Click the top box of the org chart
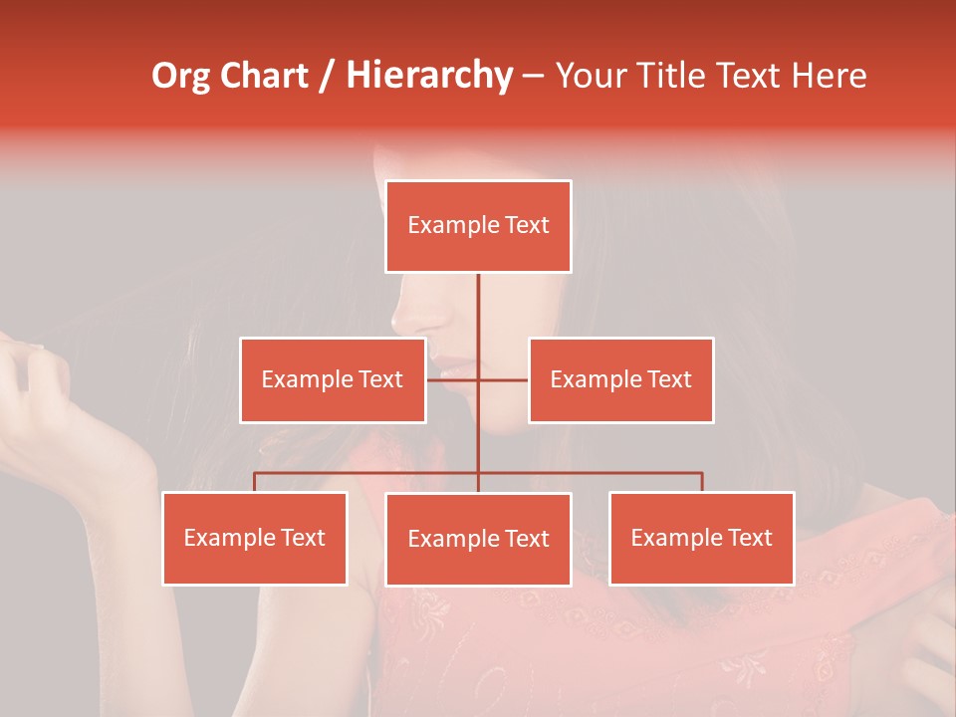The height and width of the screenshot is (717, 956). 478,226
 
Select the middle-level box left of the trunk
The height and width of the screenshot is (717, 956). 333,379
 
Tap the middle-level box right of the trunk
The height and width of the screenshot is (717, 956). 620,379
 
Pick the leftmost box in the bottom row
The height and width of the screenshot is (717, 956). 255,538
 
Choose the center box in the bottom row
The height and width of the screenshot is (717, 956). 478,539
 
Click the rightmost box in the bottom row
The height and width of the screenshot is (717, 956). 701,538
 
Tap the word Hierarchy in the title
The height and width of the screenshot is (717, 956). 429,76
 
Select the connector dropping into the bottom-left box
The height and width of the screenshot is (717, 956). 255,482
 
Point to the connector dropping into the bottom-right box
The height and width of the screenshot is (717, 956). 701,482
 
